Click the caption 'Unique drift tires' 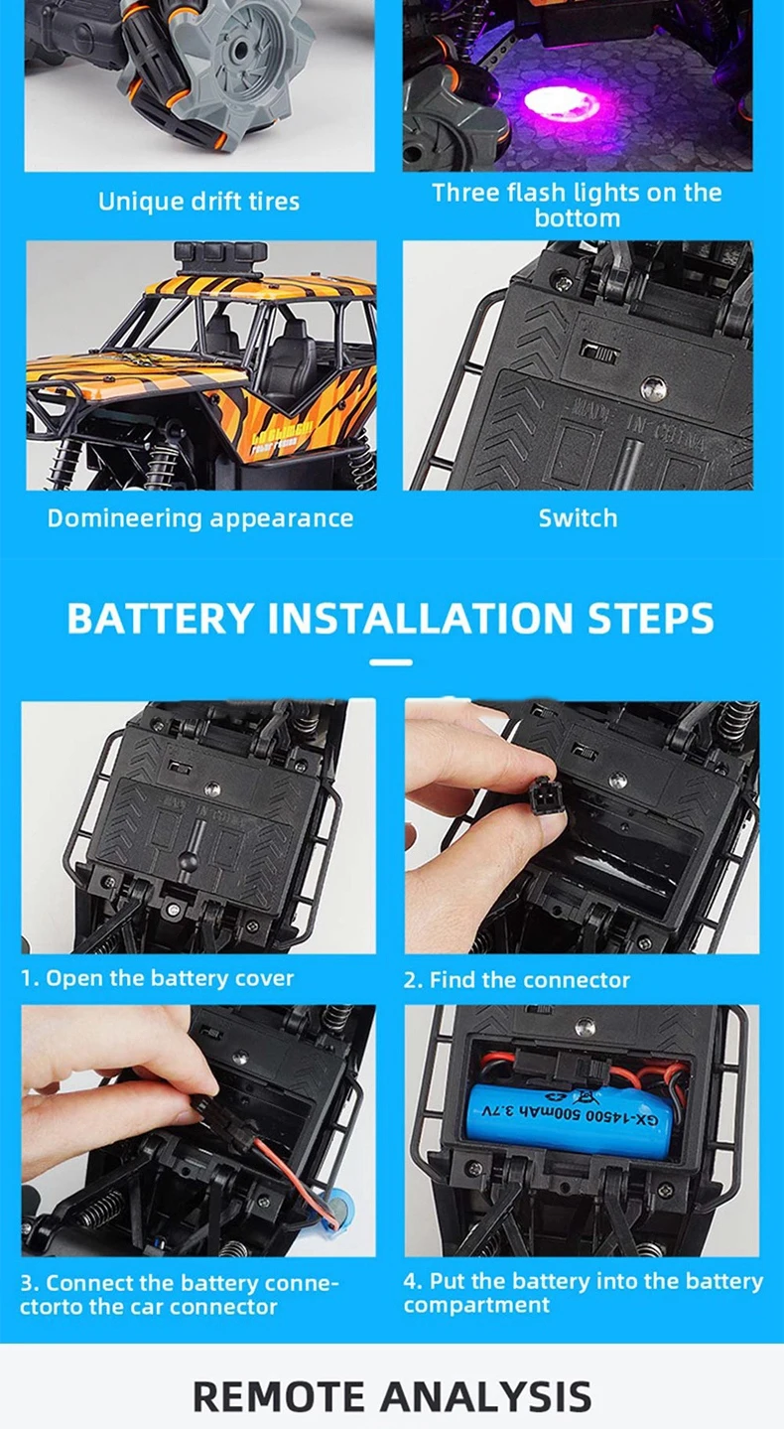(x=198, y=202)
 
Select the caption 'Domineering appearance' (x=200, y=518)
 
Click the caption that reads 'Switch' (x=578, y=518)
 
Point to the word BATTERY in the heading (x=160, y=618)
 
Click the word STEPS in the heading (x=650, y=618)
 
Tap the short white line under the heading (x=391, y=662)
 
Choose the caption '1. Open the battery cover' (x=158, y=978)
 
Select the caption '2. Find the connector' (x=516, y=980)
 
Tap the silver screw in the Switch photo (x=653, y=387)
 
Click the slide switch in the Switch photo (x=599, y=352)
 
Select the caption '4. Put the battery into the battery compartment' (x=583, y=1292)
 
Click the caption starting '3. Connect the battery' (x=179, y=1294)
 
